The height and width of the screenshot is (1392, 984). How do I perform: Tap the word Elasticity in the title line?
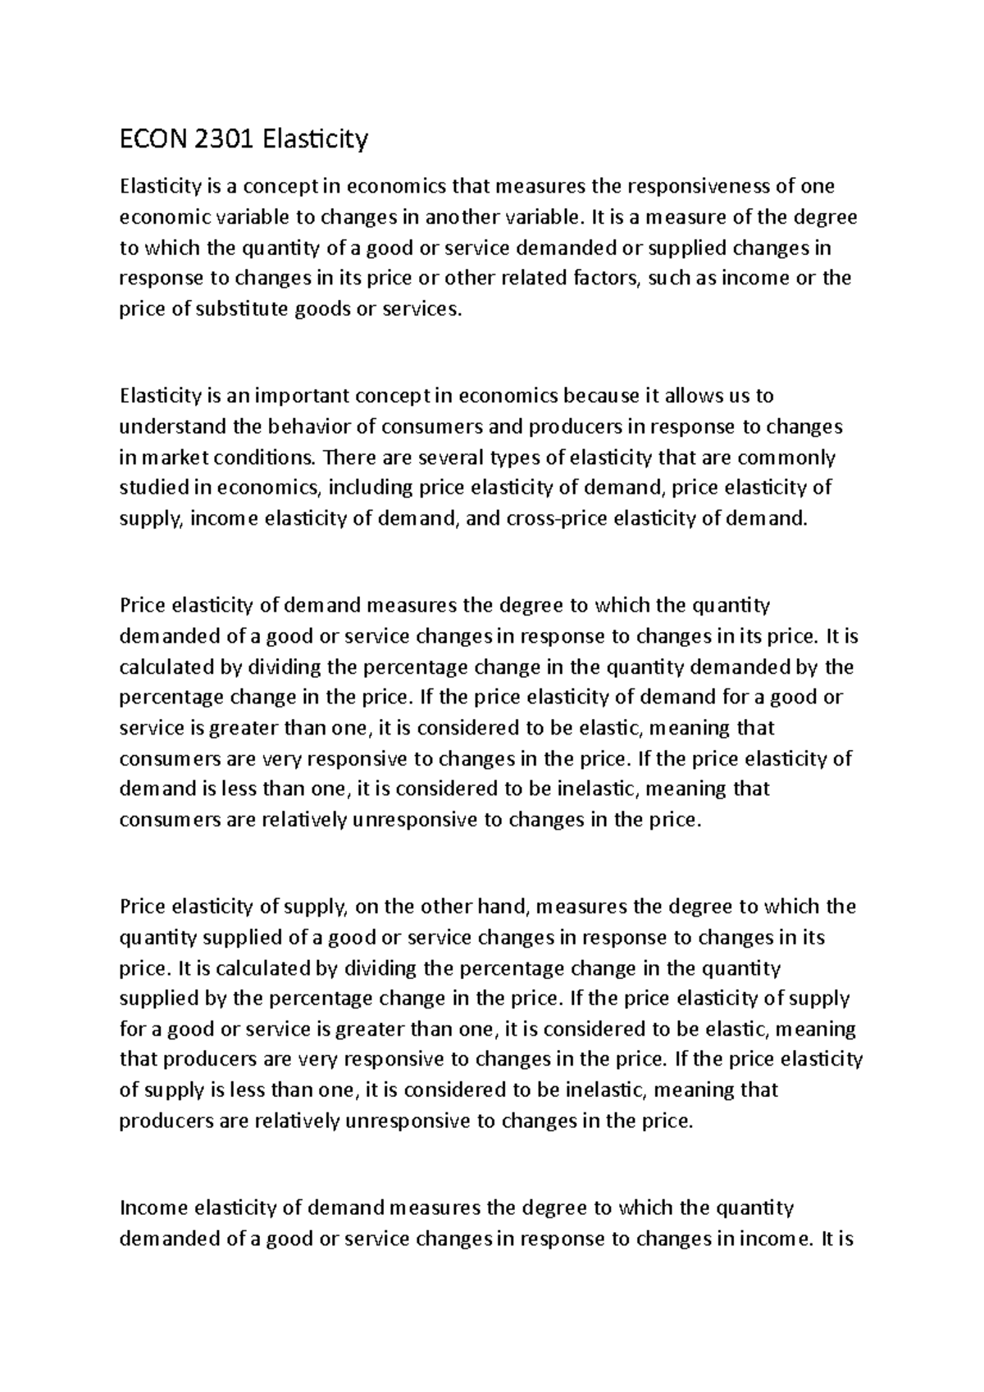(x=316, y=140)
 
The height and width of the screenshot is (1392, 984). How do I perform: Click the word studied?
(x=154, y=488)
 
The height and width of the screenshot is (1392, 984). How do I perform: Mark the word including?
(x=371, y=488)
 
